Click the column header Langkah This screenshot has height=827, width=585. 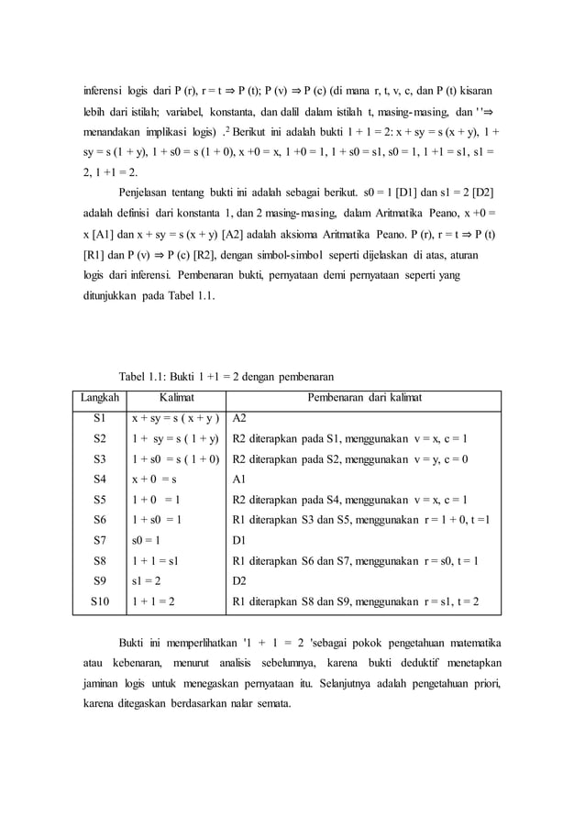coord(98,398)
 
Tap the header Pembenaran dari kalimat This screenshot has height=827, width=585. coord(363,398)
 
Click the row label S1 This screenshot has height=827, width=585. coord(99,417)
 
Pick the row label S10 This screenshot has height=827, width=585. coord(99,602)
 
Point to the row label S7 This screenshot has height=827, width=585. coord(99,540)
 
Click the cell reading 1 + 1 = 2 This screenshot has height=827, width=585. coord(153,602)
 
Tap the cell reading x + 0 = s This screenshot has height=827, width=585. coord(154,479)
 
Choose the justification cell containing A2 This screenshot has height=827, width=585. coord(241,417)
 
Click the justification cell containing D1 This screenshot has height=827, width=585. coord(241,540)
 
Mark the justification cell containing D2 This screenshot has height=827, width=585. coord(241,581)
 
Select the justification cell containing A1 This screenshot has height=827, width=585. coord(241,479)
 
